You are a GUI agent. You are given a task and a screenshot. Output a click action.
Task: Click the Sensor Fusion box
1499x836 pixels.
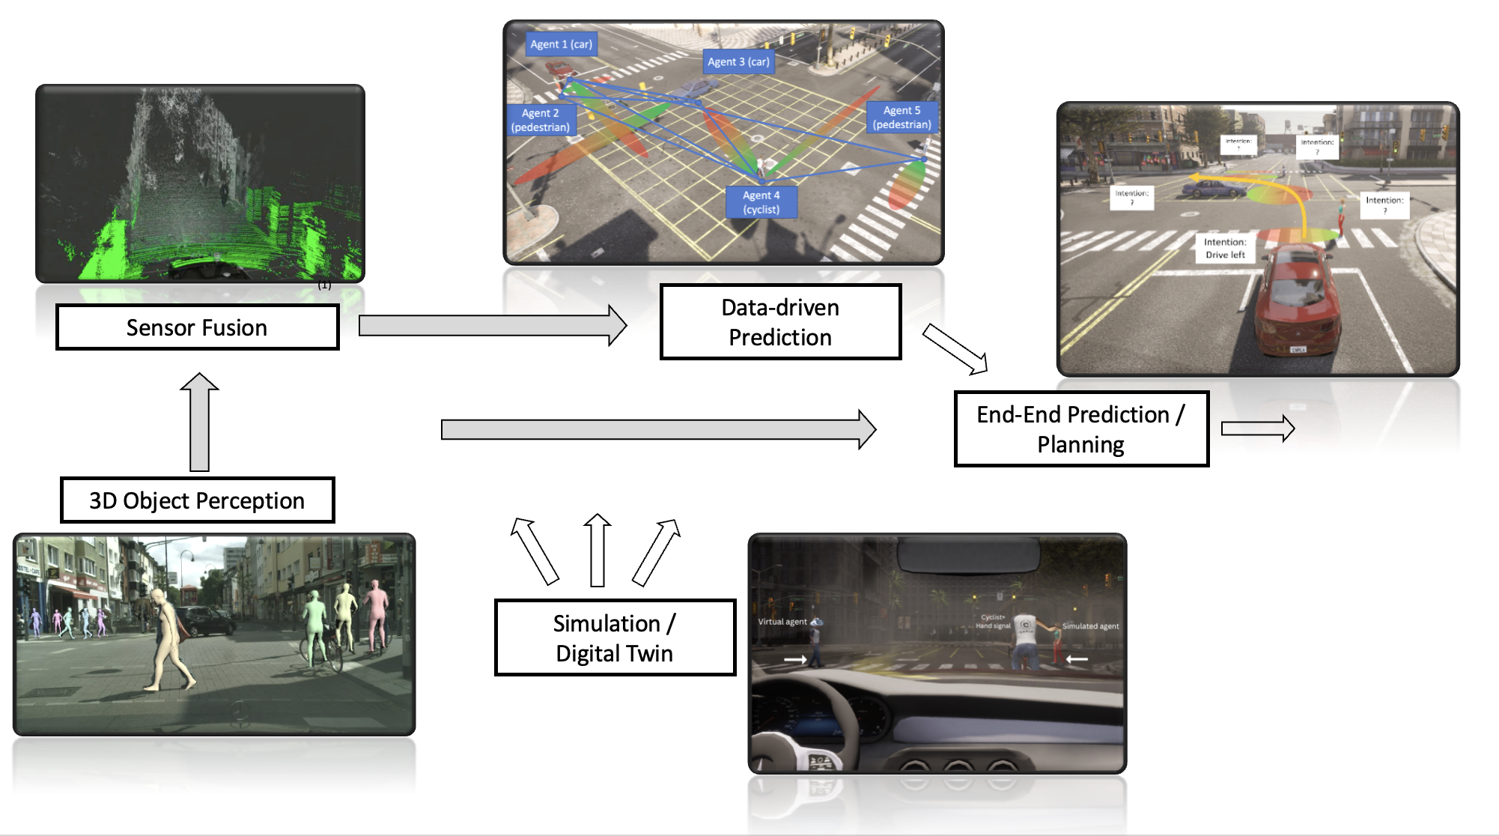coord(197,327)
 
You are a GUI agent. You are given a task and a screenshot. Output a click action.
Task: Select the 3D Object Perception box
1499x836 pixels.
coord(197,500)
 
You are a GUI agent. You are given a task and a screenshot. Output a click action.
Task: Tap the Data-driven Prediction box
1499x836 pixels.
coord(780,322)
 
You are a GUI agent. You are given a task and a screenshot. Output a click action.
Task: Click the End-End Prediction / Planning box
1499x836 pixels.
coord(1080,429)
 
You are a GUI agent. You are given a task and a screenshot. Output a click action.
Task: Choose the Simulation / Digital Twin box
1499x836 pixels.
coord(615,637)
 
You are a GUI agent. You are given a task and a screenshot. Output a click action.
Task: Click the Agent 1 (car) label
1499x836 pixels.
coord(561,44)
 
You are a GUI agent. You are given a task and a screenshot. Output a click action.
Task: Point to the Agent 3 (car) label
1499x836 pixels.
coord(738,62)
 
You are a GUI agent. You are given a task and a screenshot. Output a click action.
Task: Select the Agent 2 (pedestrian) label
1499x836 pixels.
coord(541,120)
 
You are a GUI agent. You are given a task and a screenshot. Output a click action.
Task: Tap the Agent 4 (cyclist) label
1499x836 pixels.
coord(761,202)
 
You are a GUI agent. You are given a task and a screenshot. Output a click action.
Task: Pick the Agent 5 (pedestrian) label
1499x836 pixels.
coord(901,118)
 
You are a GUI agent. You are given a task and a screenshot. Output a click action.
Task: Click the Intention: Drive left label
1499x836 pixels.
coord(1225,248)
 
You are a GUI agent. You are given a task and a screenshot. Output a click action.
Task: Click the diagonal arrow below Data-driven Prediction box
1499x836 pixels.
coord(955,348)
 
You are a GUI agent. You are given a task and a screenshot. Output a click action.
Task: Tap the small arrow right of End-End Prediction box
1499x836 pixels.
coord(1257,428)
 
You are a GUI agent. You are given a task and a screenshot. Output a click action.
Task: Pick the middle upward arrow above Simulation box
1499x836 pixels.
coord(597,551)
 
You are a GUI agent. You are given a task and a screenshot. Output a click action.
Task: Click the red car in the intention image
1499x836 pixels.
coord(1296,300)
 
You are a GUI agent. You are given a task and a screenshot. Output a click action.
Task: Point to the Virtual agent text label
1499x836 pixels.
coord(782,622)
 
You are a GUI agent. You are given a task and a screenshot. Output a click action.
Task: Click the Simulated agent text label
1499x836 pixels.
coord(1090,626)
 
